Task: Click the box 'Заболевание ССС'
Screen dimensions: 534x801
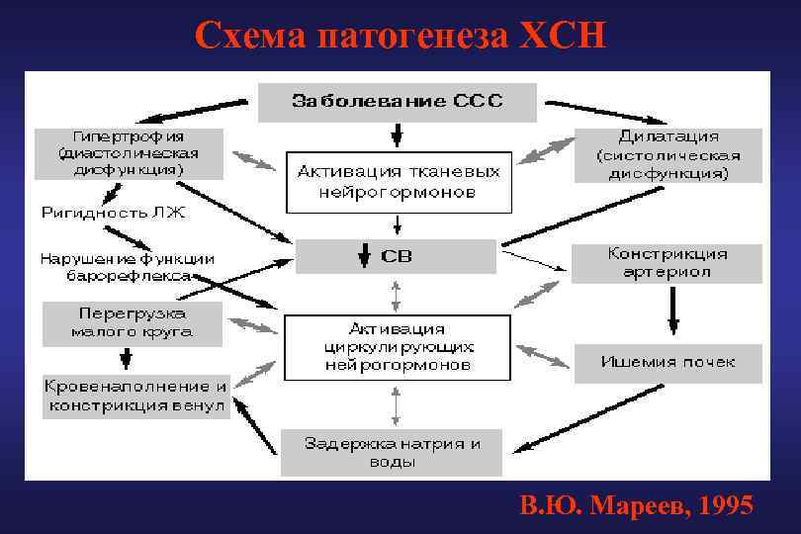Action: (397, 101)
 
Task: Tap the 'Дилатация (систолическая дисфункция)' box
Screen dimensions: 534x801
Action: (668, 155)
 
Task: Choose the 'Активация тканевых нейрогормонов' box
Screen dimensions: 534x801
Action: (398, 182)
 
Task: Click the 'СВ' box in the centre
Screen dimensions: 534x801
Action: (396, 257)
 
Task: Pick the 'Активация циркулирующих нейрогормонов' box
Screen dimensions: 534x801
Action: (397, 347)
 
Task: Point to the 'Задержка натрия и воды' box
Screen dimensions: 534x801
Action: (393, 453)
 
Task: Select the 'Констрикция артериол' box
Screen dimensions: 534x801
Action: (667, 263)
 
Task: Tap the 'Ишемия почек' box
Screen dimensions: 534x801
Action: (667, 362)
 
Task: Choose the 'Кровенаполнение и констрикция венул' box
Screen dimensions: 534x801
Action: (135, 396)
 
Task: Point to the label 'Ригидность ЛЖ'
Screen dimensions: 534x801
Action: (112, 212)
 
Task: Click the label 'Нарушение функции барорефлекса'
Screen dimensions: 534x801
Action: (127, 267)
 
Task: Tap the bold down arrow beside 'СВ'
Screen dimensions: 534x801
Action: (364, 257)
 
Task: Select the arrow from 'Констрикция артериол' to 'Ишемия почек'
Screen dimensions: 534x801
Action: (673, 311)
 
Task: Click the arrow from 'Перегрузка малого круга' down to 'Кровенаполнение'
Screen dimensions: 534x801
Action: (126, 358)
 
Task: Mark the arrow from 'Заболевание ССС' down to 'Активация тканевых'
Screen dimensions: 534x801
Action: (397, 134)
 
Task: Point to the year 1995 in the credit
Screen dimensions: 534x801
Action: (725, 506)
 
